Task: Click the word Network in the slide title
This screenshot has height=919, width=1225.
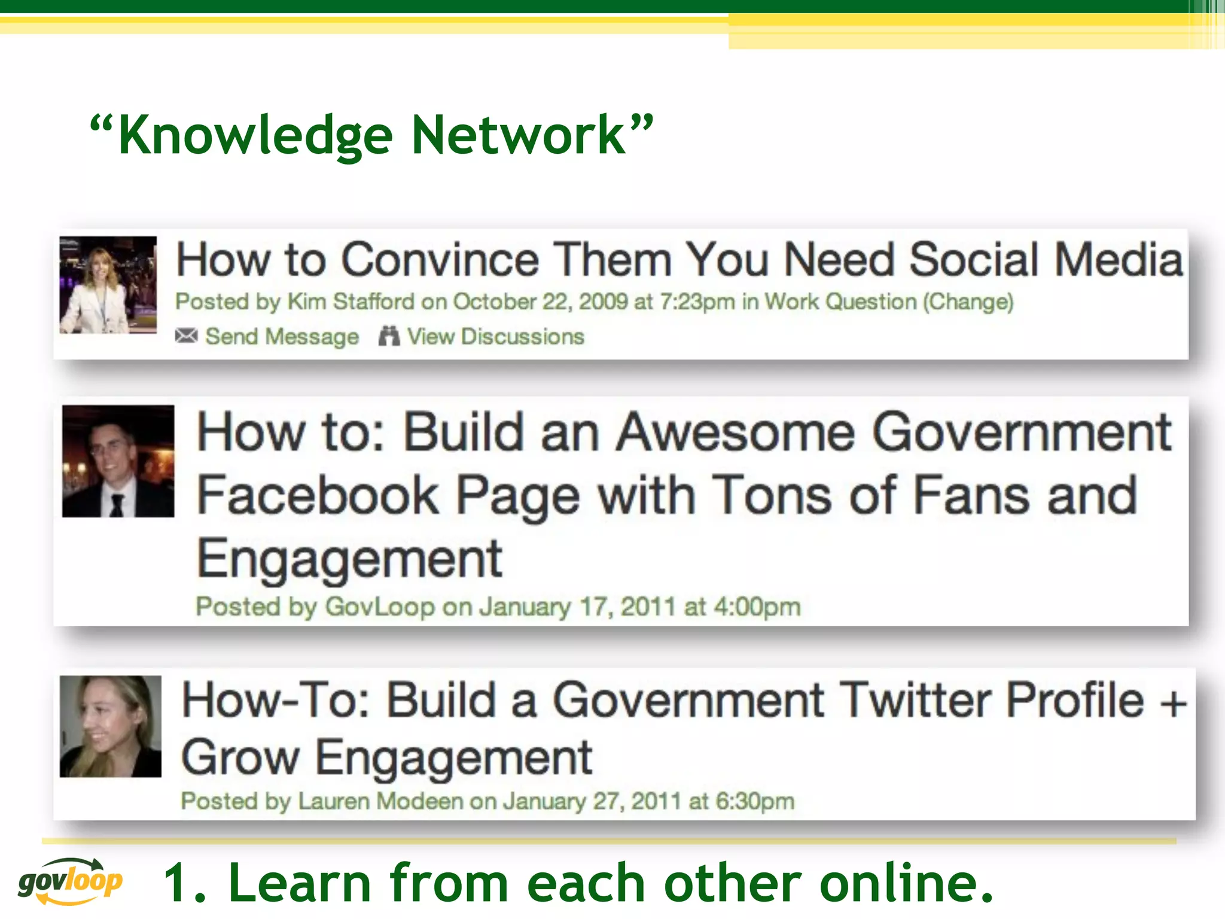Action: coord(518,135)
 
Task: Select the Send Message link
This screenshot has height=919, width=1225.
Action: coord(282,337)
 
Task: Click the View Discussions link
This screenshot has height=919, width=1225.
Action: coord(495,337)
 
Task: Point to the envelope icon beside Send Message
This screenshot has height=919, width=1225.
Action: coord(186,336)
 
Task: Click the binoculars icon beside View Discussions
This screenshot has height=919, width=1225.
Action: coord(389,336)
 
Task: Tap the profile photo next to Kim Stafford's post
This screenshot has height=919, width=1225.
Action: coord(108,285)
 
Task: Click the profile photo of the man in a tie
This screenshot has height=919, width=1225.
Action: coord(118,461)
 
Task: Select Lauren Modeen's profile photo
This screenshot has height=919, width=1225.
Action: coord(111,726)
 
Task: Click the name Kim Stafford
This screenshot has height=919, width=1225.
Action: coord(351,302)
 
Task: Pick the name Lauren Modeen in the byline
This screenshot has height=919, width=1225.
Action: coord(380,801)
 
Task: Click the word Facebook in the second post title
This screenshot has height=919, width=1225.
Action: coord(318,495)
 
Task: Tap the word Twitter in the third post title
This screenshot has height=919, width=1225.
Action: coord(918,700)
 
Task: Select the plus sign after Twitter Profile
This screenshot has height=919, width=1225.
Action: coord(1173,702)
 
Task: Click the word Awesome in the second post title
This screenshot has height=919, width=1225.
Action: coord(736,433)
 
